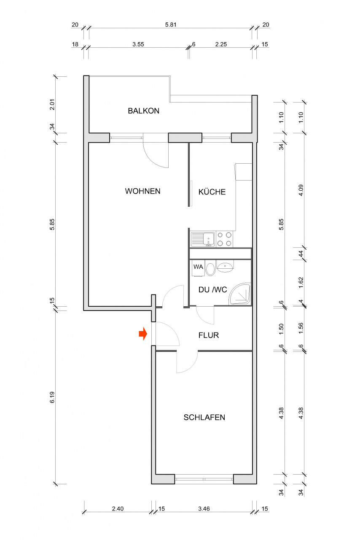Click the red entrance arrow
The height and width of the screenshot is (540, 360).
point(143,334)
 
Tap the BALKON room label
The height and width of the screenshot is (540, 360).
point(144,111)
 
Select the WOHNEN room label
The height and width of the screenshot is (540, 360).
point(142,191)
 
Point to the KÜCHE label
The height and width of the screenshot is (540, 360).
point(212,192)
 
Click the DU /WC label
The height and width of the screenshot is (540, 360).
point(213,290)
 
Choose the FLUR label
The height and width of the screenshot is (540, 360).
point(209,336)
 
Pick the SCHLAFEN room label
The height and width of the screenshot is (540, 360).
point(204,417)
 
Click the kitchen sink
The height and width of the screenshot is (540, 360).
point(203,239)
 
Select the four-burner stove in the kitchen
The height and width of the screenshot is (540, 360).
point(224,239)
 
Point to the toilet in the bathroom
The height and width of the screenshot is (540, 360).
point(210,269)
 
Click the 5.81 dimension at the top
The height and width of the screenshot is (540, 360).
point(170,25)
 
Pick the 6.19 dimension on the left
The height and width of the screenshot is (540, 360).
point(52,397)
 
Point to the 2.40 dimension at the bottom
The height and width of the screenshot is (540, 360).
point(118,509)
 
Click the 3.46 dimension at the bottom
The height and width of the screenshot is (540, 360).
point(204,509)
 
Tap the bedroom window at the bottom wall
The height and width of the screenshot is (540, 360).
point(204,479)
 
